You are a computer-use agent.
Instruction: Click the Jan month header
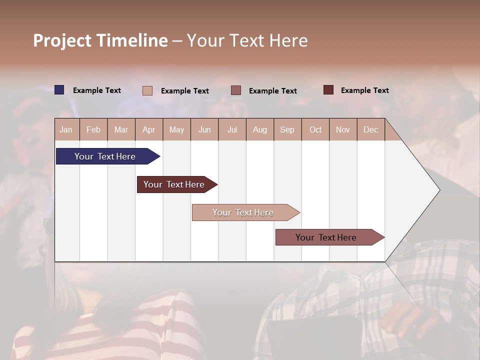[x=66, y=129]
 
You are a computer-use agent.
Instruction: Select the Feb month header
[x=93, y=129]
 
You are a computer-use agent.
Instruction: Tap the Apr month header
[x=149, y=129]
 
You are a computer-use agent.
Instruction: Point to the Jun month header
[x=204, y=129]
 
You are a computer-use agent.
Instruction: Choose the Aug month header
[x=260, y=129]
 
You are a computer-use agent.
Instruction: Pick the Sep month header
[x=287, y=129]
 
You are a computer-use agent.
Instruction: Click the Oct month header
[x=315, y=129]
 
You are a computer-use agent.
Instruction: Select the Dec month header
[x=371, y=129]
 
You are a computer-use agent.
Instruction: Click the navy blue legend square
[x=59, y=90]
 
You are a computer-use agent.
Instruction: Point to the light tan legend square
[x=147, y=90]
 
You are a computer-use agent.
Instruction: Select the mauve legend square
[x=236, y=90]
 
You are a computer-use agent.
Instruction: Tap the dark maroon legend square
[x=328, y=90]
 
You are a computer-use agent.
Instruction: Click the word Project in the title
[x=62, y=40]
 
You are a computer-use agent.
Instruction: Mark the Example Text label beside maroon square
[x=364, y=90]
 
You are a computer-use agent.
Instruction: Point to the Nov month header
[x=343, y=129]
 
